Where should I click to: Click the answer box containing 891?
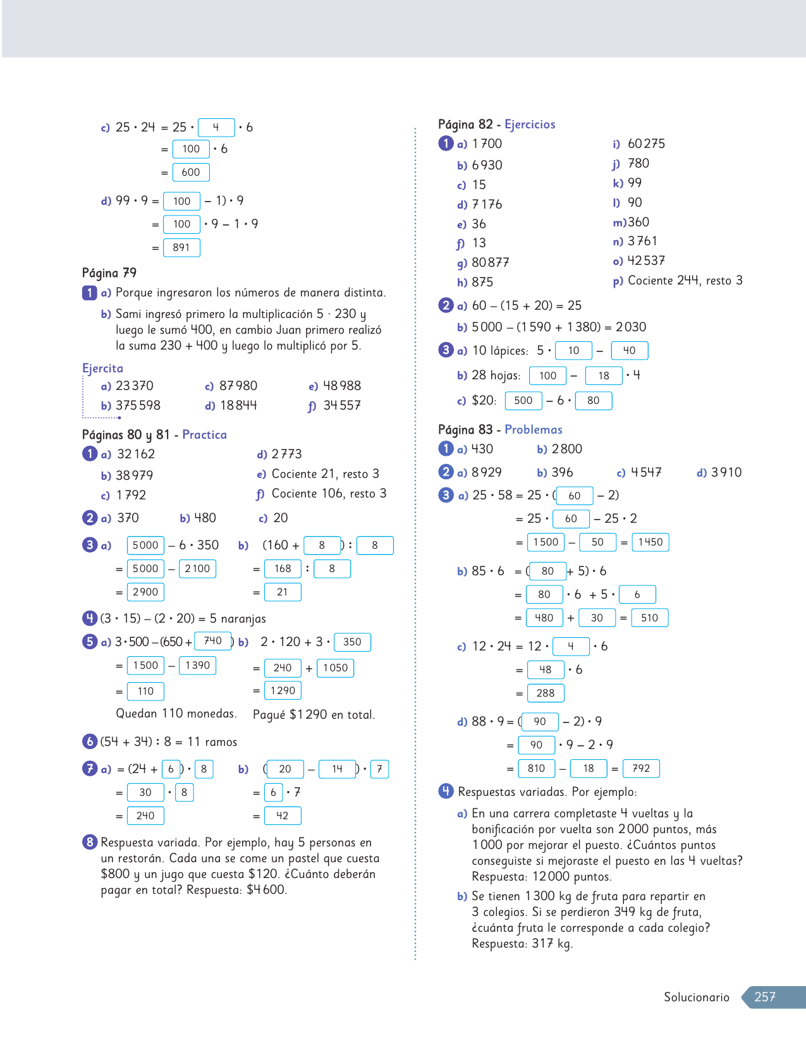pyautogui.click(x=181, y=248)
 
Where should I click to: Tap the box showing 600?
pyautogui.click(x=190, y=173)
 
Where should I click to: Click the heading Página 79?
pyautogui.click(x=109, y=273)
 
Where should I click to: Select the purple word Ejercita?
pyautogui.click(x=102, y=369)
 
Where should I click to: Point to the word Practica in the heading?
pyautogui.click(x=204, y=435)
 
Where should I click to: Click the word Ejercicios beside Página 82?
pyautogui.click(x=530, y=125)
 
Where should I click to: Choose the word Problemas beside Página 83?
pyautogui.click(x=533, y=430)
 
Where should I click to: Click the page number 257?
pyautogui.click(x=765, y=997)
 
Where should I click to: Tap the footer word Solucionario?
pyautogui.click(x=696, y=997)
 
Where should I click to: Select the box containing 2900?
pyautogui.click(x=145, y=592)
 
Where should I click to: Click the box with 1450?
pyautogui.click(x=650, y=542)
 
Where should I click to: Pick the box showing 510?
pyautogui.click(x=649, y=618)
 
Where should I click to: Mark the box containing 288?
pyautogui.click(x=545, y=693)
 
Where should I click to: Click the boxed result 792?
pyautogui.click(x=641, y=769)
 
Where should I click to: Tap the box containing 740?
pyautogui.click(x=213, y=641)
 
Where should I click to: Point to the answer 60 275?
pyautogui.click(x=646, y=144)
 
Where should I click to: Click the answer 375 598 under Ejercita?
pyautogui.click(x=138, y=406)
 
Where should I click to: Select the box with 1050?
pyautogui.click(x=335, y=668)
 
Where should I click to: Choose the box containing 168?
pyautogui.click(x=283, y=569)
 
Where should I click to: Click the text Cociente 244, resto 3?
pyautogui.click(x=685, y=281)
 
